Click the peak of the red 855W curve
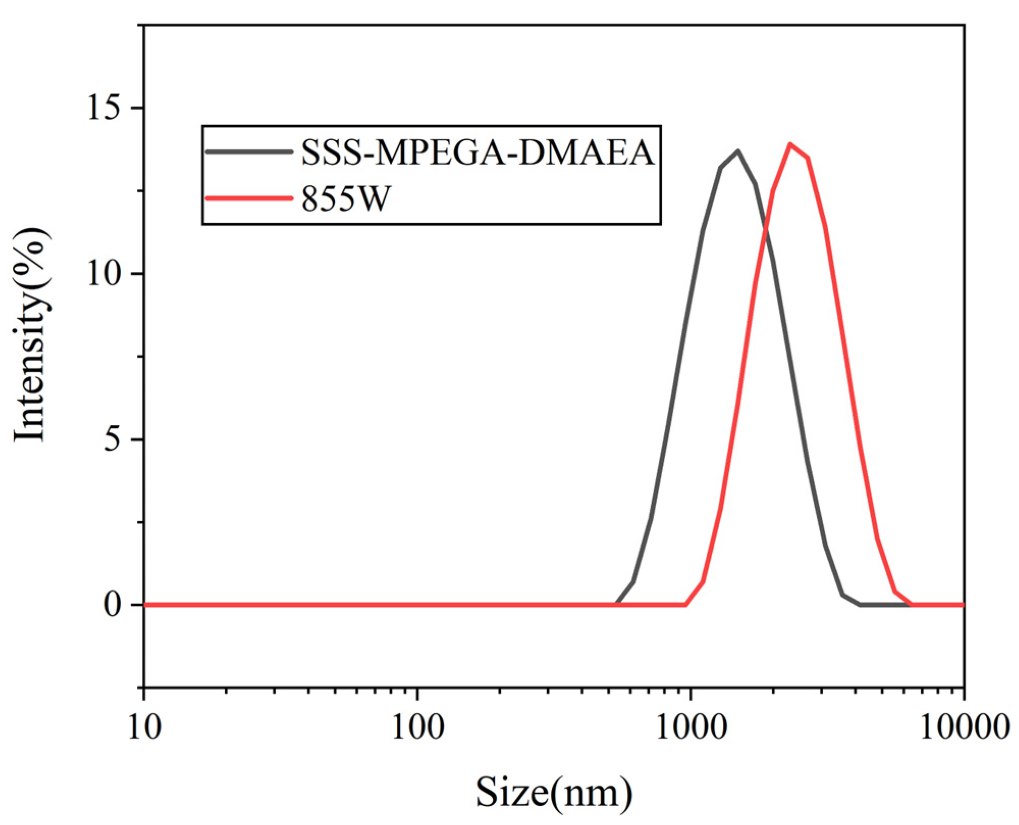790,144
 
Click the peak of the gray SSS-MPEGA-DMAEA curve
737,151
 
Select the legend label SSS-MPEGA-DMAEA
477,152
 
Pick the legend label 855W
345,198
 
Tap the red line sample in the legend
249,198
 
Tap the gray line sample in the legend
249,151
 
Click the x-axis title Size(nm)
554,793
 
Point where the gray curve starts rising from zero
617,604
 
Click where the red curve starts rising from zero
686,604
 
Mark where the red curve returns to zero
911,604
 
